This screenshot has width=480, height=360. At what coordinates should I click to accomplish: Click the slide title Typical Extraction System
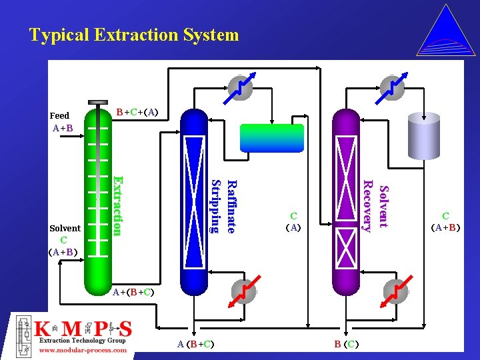[133, 35]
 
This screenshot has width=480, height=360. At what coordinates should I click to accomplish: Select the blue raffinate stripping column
[194, 200]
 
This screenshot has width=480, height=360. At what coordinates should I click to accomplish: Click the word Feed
[59, 115]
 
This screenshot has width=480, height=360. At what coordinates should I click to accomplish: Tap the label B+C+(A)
[137, 111]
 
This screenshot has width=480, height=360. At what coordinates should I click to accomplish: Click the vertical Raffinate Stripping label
[223, 206]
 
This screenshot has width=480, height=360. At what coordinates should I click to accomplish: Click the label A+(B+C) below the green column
[133, 292]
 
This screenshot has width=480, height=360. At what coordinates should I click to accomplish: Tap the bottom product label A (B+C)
[195, 344]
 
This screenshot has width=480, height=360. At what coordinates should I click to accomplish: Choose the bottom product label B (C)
[347, 344]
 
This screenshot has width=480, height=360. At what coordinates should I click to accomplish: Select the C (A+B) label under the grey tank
[446, 221]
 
